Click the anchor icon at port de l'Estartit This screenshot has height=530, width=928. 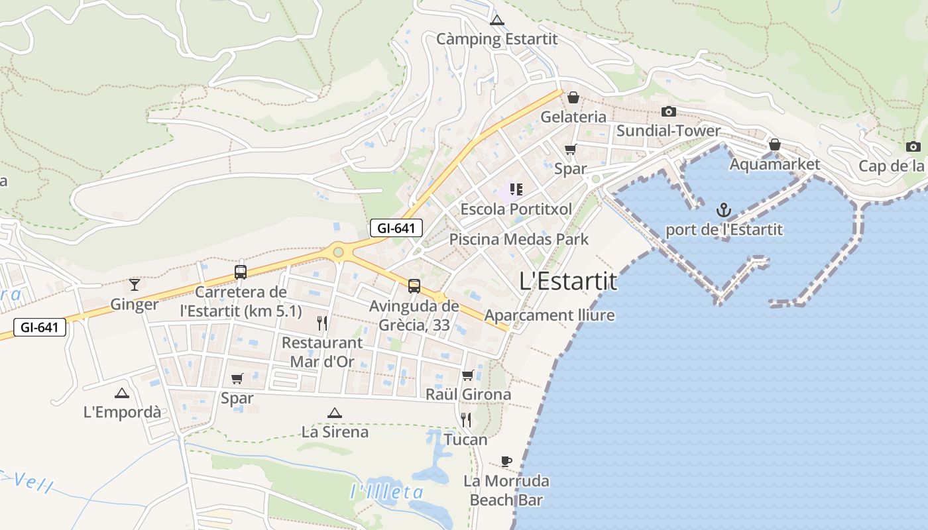(x=724, y=211)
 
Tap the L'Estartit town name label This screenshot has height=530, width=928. (x=568, y=282)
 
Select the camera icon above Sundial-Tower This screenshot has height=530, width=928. (x=669, y=111)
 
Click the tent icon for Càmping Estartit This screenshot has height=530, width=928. (x=497, y=20)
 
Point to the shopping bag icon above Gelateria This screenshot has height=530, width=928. (x=573, y=97)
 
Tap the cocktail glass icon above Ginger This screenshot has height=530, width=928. (x=135, y=285)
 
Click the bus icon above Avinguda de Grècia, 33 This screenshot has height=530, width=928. (x=414, y=286)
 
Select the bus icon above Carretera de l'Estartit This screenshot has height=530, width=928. (x=241, y=272)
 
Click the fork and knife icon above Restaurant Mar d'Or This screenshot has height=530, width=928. (x=322, y=323)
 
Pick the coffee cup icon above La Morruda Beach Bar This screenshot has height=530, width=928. (x=506, y=461)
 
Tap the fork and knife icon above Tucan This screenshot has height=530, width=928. (x=466, y=420)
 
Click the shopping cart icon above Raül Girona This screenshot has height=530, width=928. (x=468, y=375)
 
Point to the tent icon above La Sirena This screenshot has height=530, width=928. (x=335, y=413)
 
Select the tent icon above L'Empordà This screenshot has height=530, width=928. (x=122, y=393)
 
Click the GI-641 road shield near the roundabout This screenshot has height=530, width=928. (x=396, y=229)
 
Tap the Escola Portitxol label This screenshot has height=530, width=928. (x=516, y=209)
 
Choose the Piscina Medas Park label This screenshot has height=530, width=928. (x=519, y=239)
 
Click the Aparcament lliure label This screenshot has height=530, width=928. (x=550, y=315)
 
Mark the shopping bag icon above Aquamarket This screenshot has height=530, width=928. (x=774, y=144)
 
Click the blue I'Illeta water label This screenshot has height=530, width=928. (x=386, y=492)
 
